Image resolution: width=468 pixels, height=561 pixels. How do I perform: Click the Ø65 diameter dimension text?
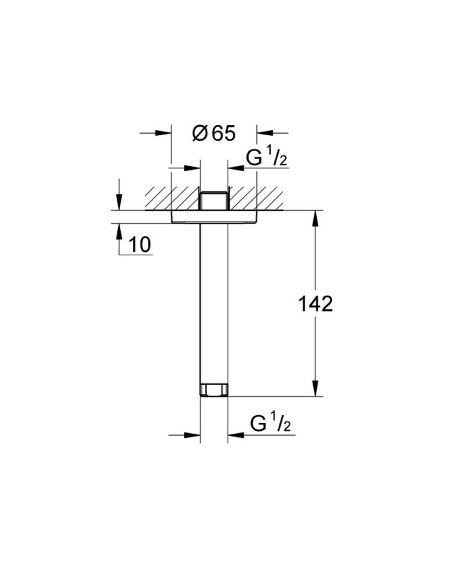214,133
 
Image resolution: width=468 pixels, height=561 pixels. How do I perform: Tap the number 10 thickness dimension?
140,245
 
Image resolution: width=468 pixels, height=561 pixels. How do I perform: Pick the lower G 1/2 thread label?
269,424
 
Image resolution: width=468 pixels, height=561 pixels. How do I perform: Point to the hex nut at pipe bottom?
214,390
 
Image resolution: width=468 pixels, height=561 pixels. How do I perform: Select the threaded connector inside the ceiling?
214,199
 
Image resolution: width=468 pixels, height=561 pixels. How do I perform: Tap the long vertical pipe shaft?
214,302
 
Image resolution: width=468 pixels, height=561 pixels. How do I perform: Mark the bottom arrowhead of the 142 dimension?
315,389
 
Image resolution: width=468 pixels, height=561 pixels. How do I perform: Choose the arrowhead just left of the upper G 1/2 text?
235,168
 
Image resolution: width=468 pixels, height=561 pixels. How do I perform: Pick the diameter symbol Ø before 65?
201,133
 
